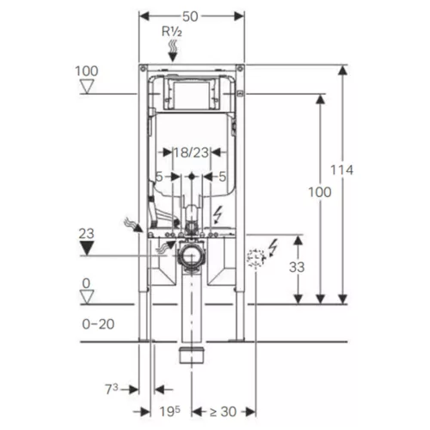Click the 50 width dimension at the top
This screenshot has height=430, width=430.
[190, 16]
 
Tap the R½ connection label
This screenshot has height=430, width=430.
[172, 31]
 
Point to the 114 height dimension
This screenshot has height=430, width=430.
[341, 170]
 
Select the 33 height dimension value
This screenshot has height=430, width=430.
[297, 267]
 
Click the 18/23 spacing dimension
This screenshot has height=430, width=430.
[191, 152]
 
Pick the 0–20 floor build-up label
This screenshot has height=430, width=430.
[98, 324]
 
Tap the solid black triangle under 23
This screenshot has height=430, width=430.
[87, 248]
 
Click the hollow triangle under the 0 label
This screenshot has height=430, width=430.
[87, 297]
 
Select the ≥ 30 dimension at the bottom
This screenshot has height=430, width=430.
[223, 412]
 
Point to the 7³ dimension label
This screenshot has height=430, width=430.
[112, 389]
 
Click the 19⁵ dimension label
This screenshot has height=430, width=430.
[170, 411]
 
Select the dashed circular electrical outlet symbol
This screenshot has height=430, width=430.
[256, 258]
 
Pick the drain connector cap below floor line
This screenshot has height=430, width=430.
[192, 355]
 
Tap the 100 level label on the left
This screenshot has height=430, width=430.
[87, 71]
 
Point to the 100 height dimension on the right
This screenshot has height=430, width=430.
[320, 192]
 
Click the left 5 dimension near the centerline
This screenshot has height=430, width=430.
[159, 176]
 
